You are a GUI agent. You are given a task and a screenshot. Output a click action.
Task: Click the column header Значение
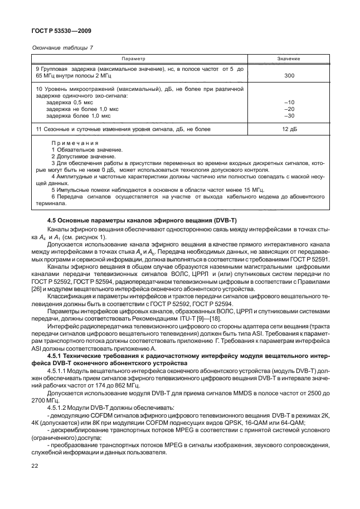point(289,59)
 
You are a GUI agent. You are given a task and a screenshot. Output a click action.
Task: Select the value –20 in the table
point(289,109)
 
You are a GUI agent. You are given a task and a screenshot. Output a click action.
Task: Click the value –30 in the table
point(289,116)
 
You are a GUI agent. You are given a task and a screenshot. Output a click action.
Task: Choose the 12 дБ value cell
point(289,129)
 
